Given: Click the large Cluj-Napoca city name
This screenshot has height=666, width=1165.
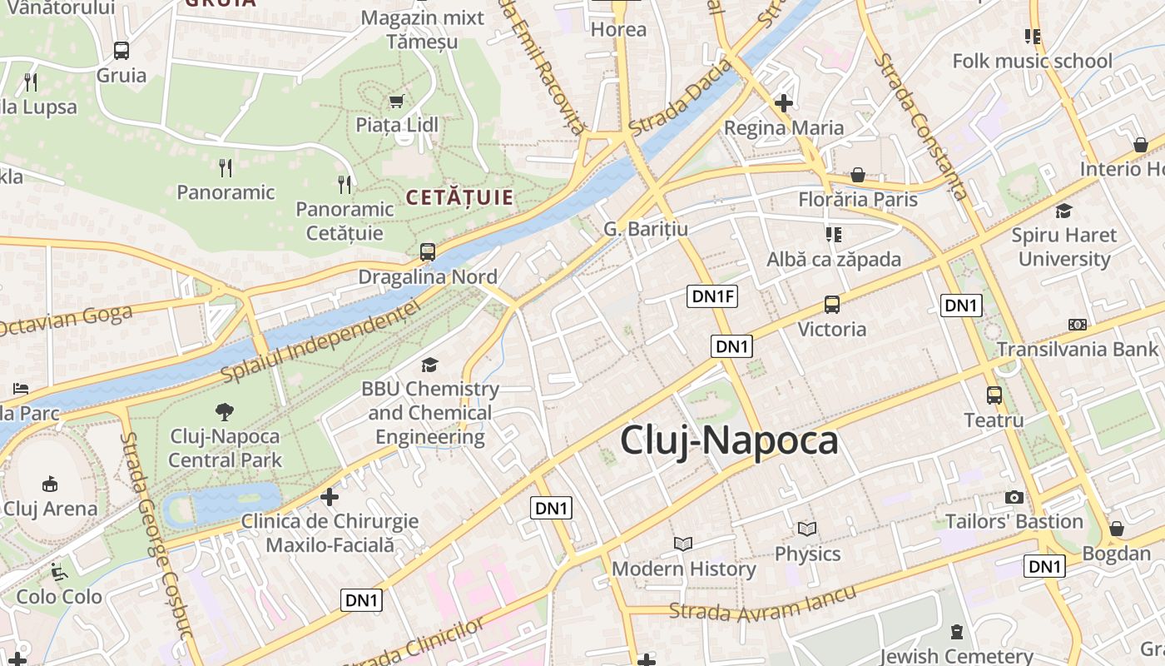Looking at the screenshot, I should [729, 440].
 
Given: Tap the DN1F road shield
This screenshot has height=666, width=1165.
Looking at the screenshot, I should [713, 296].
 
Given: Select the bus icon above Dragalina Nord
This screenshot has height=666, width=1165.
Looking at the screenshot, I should [428, 251].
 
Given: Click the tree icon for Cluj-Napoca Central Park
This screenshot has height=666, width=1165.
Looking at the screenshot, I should [224, 410].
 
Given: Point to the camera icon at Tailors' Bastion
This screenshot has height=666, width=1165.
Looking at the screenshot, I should [1014, 497].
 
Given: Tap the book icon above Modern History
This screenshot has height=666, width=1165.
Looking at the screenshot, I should [683, 544].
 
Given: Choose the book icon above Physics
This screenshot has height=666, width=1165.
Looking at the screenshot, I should [806, 529].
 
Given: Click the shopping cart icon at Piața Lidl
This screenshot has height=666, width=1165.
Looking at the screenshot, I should [397, 101].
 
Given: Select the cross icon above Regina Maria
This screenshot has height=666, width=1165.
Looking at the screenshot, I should [783, 103].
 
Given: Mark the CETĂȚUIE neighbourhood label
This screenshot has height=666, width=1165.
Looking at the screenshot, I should [459, 198].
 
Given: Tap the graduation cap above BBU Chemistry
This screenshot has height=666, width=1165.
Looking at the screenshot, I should [429, 365].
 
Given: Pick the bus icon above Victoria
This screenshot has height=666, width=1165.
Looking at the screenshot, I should [831, 305].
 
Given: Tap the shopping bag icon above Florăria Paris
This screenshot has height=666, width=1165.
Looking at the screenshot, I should [857, 175].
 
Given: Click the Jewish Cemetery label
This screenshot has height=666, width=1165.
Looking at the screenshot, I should [956, 656].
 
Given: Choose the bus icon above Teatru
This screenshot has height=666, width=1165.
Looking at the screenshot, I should [994, 395].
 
